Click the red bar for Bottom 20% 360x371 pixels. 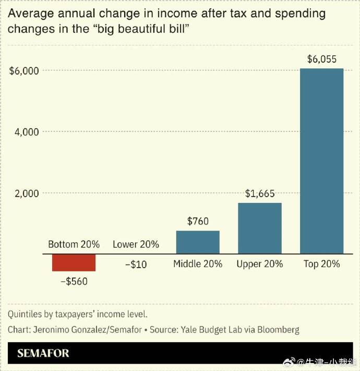[x=74, y=263]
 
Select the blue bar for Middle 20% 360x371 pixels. [x=198, y=242]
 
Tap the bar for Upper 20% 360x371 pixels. [x=259, y=228]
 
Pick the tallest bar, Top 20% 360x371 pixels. [x=321, y=161]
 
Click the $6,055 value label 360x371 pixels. [x=321, y=59]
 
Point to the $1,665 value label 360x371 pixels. [x=259, y=194]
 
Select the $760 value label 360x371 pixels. [x=198, y=221]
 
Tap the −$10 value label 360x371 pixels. [x=136, y=265]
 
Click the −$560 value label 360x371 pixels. [x=74, y=282]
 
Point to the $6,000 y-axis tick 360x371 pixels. [x=25, y=70]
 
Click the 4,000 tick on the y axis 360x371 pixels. [x=27, y=132]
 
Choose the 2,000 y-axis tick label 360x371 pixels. [x=27, y=194]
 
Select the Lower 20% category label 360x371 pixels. [x=136, y=244]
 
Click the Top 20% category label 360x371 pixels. [x=321, y=264]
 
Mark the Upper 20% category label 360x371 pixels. [x=259, y=264]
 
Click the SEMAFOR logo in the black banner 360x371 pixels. [x=43, y=353]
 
